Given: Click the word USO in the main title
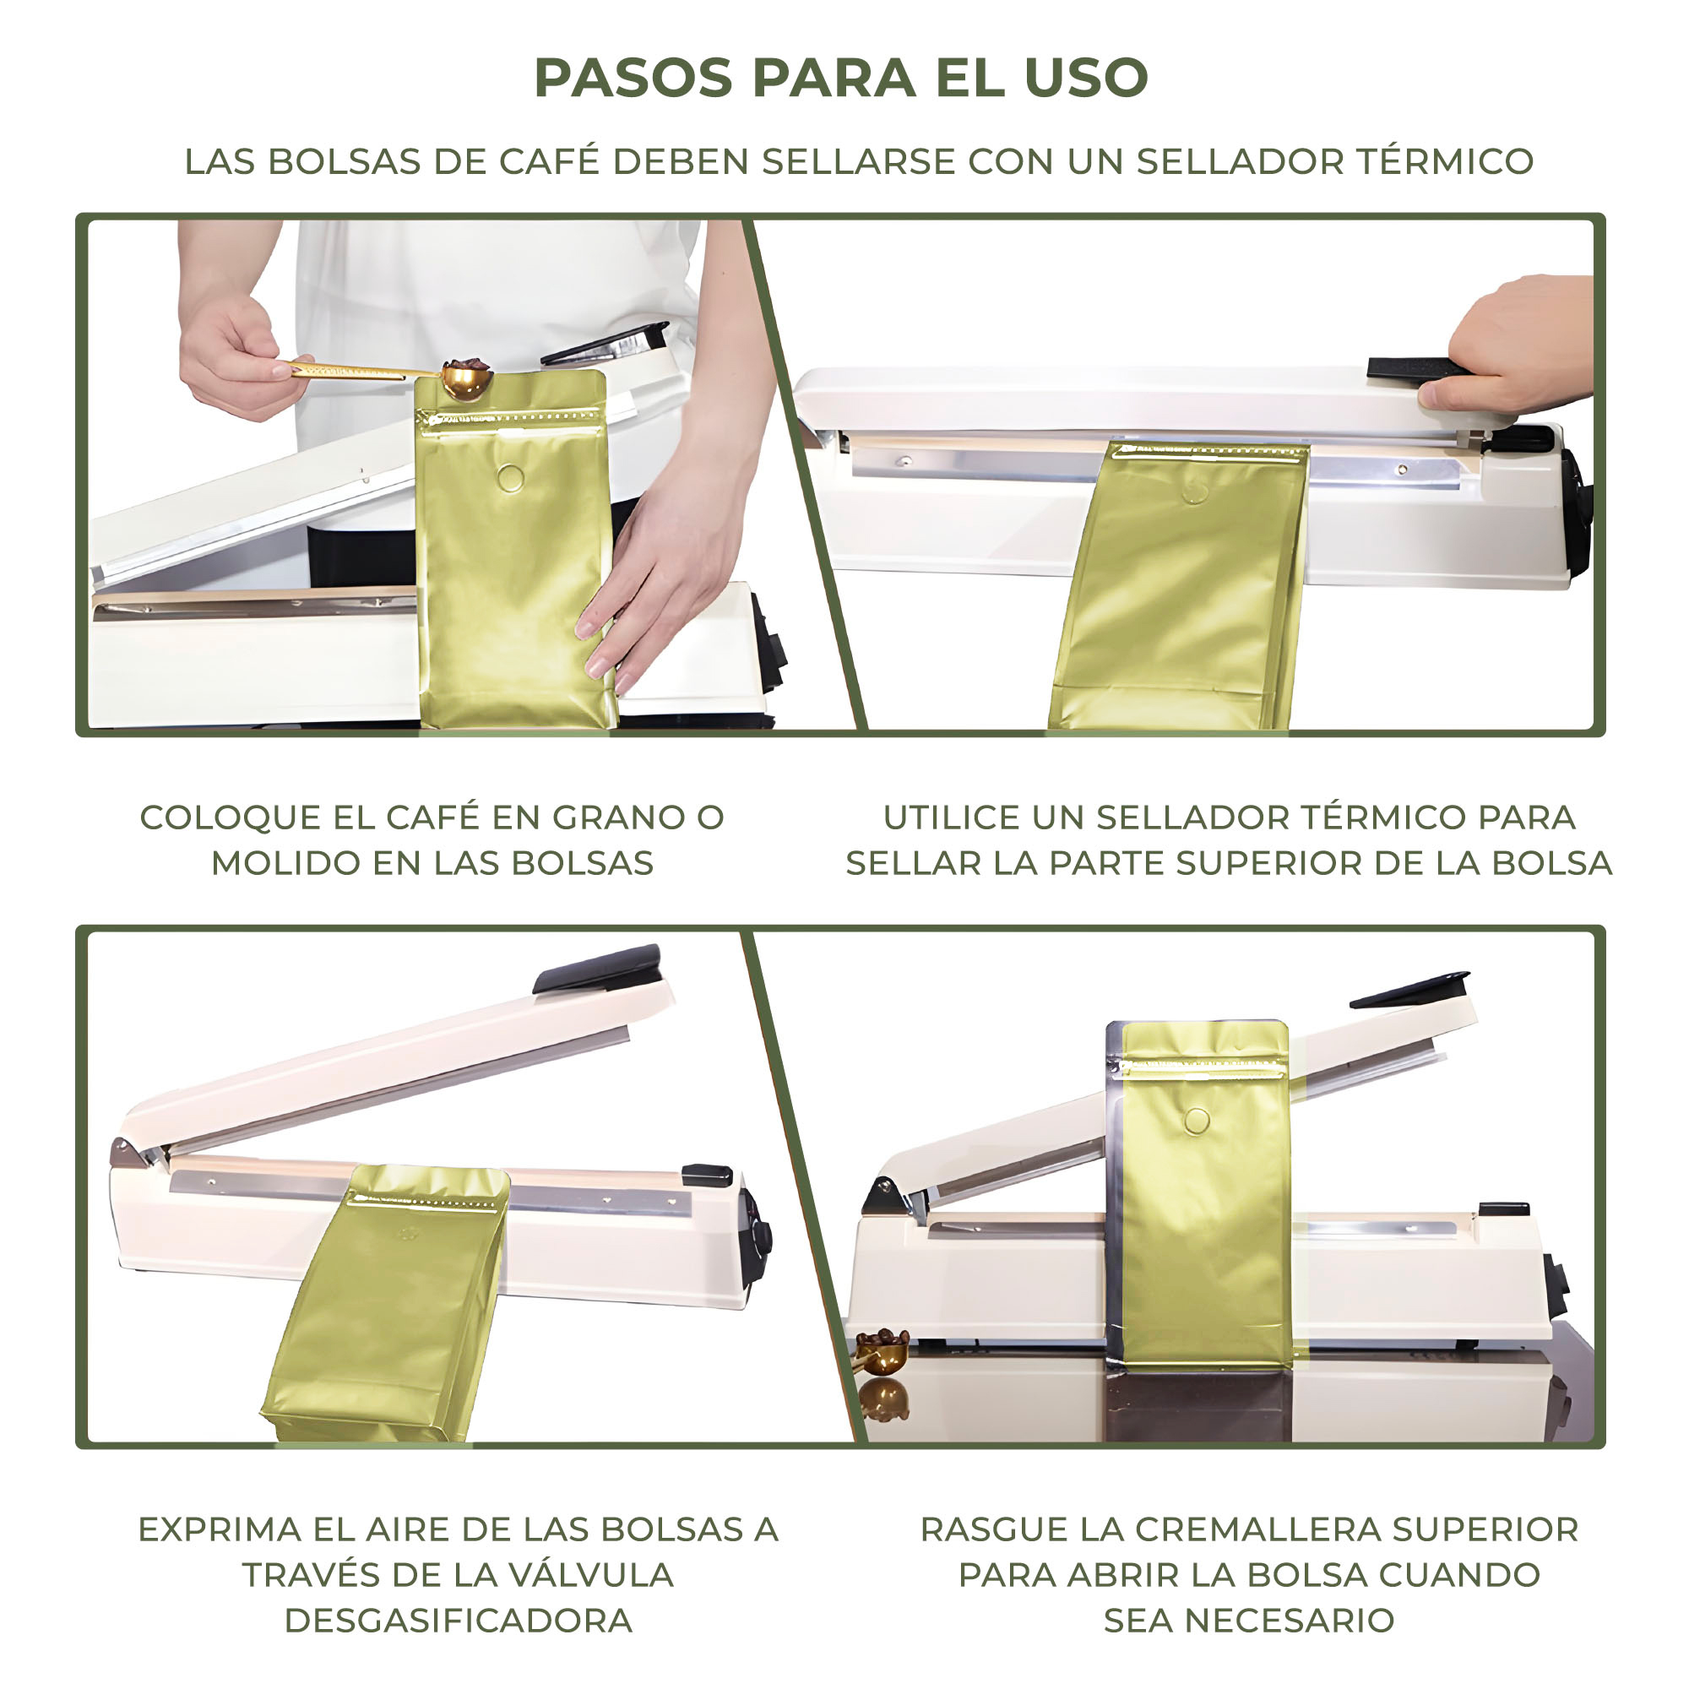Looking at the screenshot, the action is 1086,78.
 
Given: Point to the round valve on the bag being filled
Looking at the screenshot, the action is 511,477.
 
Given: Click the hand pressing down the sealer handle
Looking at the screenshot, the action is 1508,342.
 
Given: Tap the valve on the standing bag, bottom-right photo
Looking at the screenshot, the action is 1197,1120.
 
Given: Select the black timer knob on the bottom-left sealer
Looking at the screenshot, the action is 759,1235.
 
